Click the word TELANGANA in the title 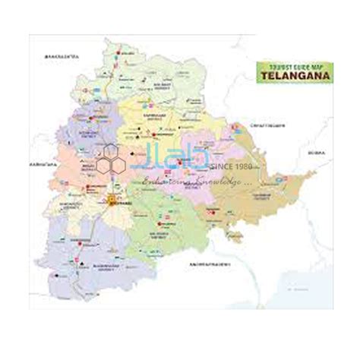291,77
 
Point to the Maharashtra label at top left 62,56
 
